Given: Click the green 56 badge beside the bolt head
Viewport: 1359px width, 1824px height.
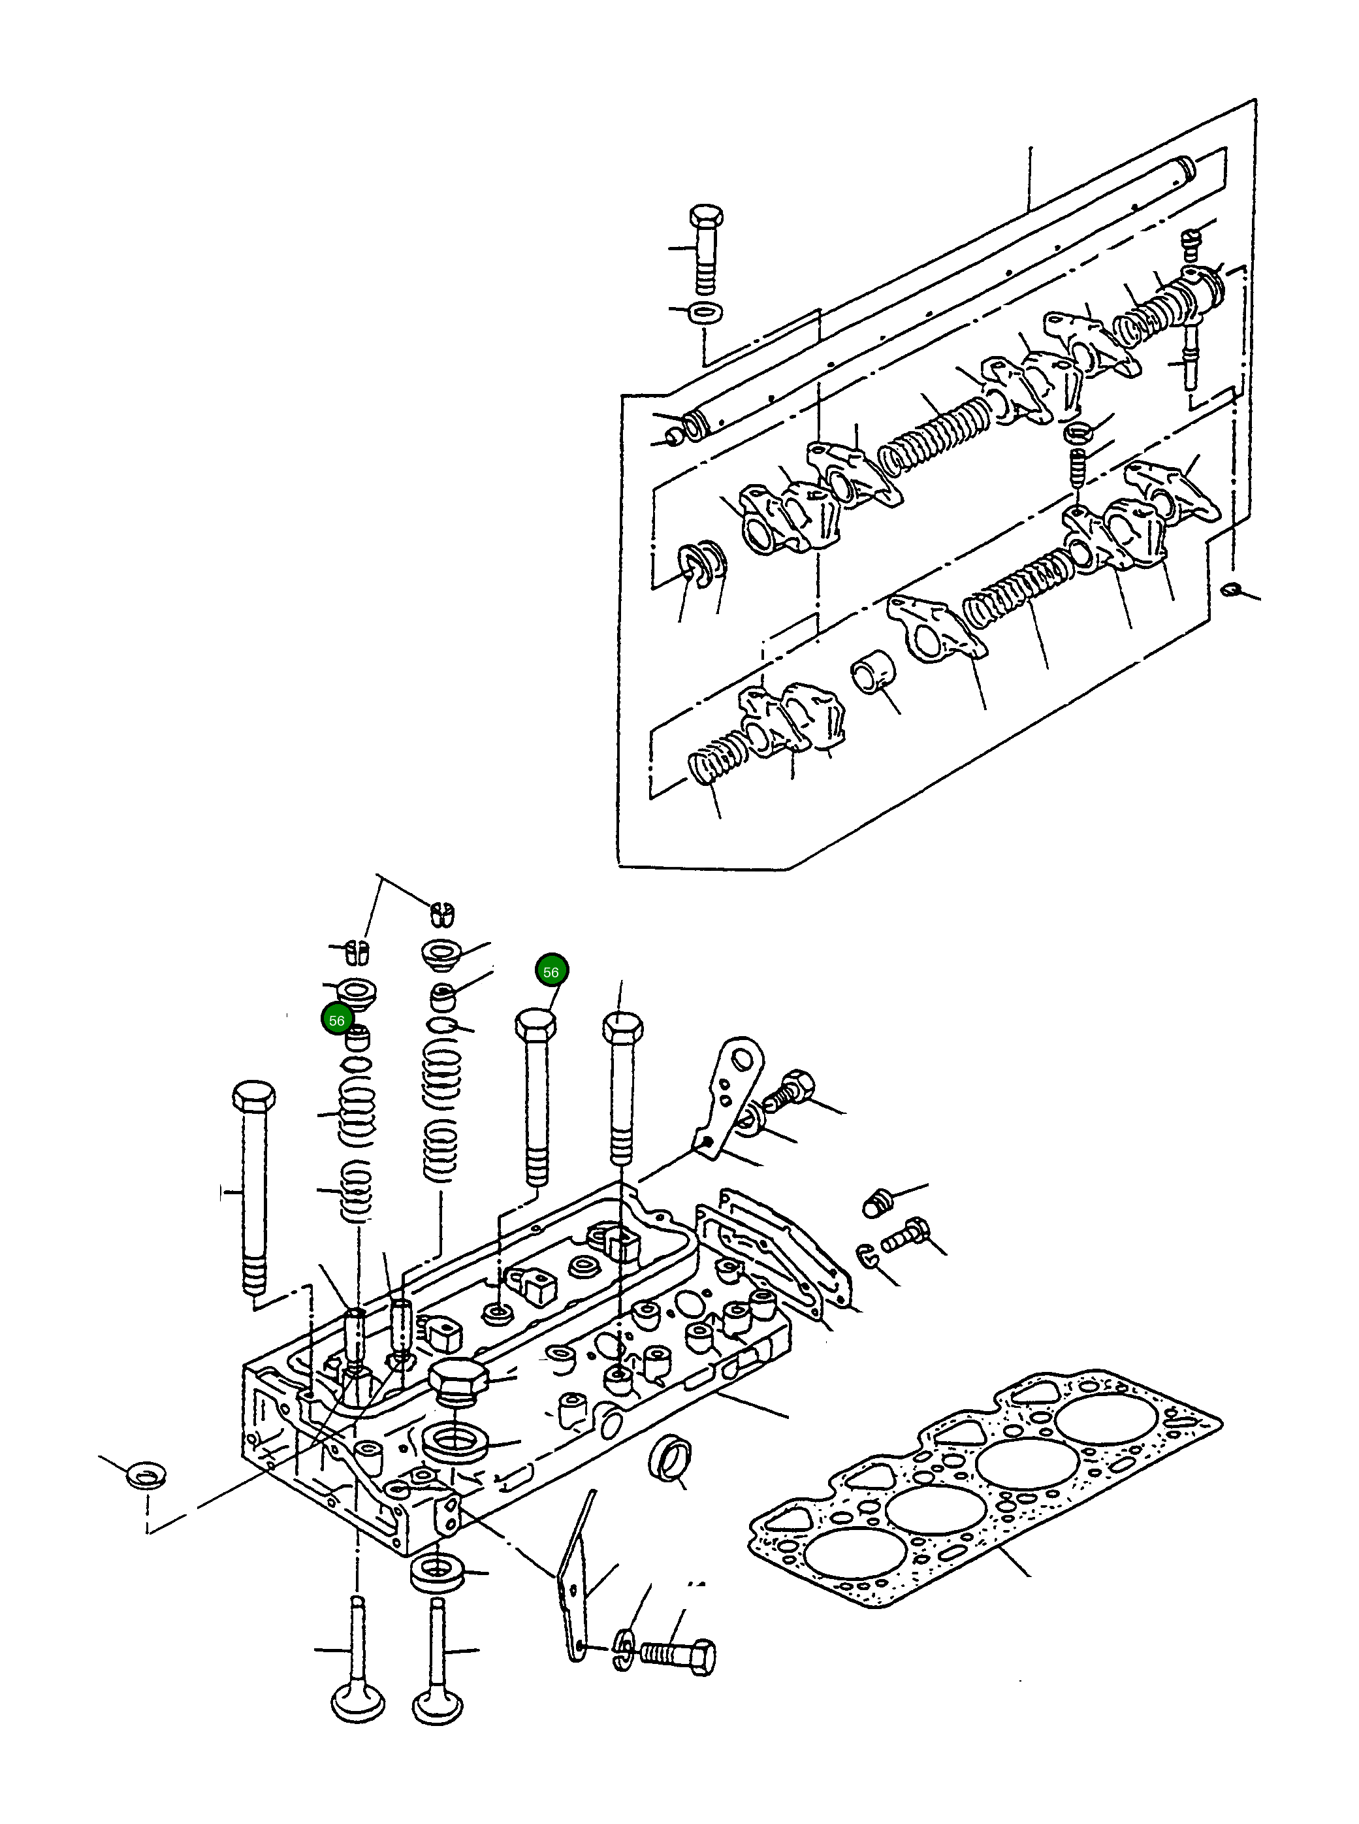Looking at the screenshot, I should click(x=551, y=971).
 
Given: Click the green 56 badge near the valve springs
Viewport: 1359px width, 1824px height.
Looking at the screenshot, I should click(x=336, y=1021).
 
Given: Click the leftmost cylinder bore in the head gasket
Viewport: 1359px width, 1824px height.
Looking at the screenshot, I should click(x=855, y=1555).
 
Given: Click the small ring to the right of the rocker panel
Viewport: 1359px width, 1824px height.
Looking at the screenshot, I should click(x=1230, y=589).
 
